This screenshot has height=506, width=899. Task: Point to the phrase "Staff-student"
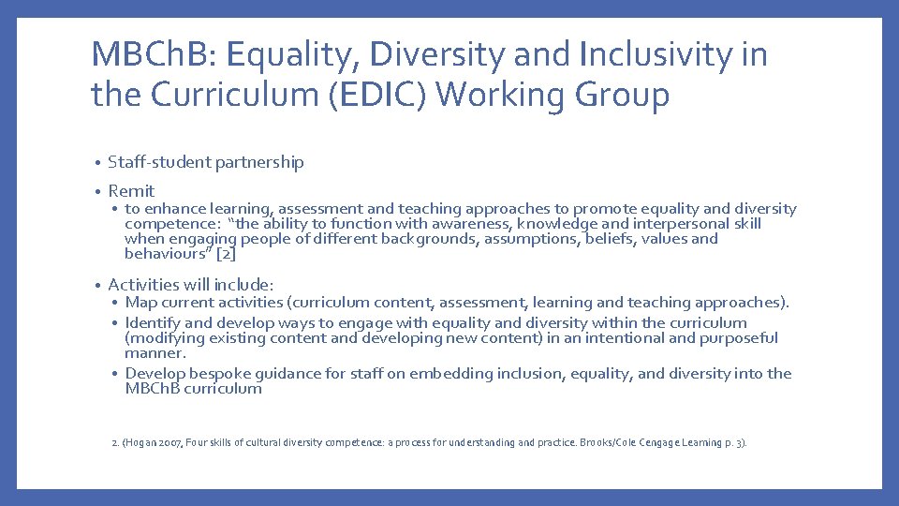[160, 163]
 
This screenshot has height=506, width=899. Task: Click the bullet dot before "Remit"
[97, 191]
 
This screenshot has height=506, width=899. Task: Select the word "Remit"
[131, 191]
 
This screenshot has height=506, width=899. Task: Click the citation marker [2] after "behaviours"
[225, 254]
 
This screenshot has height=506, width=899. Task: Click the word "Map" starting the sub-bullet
[140, 303]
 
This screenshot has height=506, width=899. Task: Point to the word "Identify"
[155, 323]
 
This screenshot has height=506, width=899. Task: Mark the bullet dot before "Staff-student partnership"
[97, 163]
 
